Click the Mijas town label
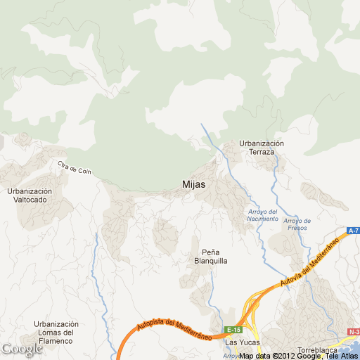(193, 184)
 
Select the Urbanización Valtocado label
(30, 195)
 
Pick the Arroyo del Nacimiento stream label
(263, 214)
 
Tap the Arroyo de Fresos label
(298, 224)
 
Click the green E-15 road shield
(234, 329)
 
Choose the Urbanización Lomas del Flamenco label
(56, 333)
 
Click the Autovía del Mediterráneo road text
(309, 262)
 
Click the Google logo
(22, 349)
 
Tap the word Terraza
(262, 152)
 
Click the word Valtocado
(30, 200)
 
